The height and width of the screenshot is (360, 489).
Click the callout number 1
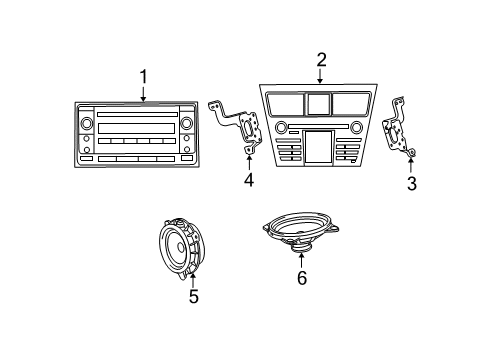[143, 75]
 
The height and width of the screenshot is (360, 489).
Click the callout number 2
[321, 59]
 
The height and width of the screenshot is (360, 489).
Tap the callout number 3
[410, 184]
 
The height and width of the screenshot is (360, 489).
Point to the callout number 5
[194, 296]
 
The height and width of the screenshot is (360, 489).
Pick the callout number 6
[302, 279]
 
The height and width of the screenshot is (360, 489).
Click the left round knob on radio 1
[87, 125]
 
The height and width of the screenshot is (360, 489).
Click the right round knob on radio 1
[186, 125]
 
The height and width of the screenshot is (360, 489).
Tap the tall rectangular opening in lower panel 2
[320, 147]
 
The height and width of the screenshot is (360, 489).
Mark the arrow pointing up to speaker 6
[302, 262]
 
